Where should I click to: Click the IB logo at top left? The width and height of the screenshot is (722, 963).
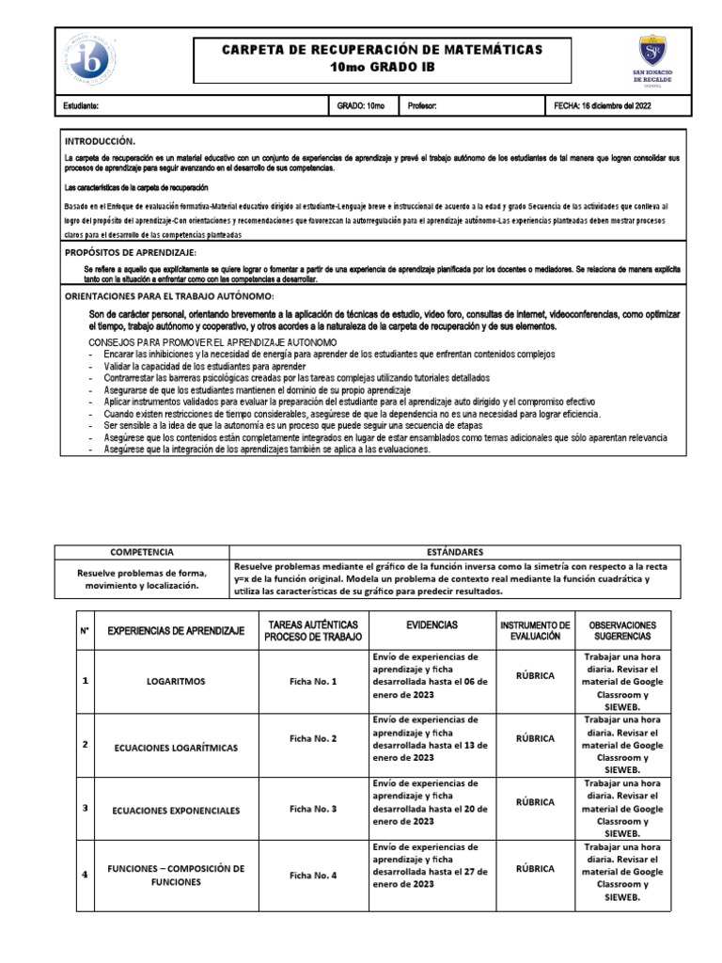pyautogui.click(x=89, y=59)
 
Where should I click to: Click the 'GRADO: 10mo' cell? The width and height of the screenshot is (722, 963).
pyautogui.click(x=361, y=107)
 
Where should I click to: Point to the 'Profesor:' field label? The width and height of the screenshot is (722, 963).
pyautogui.click(x=422, y=107)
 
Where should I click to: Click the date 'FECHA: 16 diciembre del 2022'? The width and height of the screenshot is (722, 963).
pyautogui.click(x=602, y=107)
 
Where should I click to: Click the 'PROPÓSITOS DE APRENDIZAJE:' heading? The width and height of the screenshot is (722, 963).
pyautogui.click(x=130, y=253)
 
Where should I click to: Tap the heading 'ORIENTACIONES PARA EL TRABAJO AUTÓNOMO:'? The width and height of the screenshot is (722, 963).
pyautogui.click(x=169, y=296)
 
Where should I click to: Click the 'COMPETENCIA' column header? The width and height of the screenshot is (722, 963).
pyautogui.click(x=142, y=552)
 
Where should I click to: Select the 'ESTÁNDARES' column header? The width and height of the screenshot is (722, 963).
pyautogui.click(x=455, y=552)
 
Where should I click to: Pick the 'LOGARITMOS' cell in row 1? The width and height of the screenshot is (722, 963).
pyautogui.click(x=176, y=680)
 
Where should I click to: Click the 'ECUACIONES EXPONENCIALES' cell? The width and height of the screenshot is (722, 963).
pyautogui.click(x=176, y=810)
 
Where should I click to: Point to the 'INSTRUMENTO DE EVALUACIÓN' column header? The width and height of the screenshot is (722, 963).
pyautogui.click(x=535, y=630)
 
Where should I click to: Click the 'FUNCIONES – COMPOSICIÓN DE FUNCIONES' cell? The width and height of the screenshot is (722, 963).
pyautogui.click(x=176, y=876)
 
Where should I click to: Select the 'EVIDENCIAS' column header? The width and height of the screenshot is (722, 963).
pyautogui.click(x=432, y=624)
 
